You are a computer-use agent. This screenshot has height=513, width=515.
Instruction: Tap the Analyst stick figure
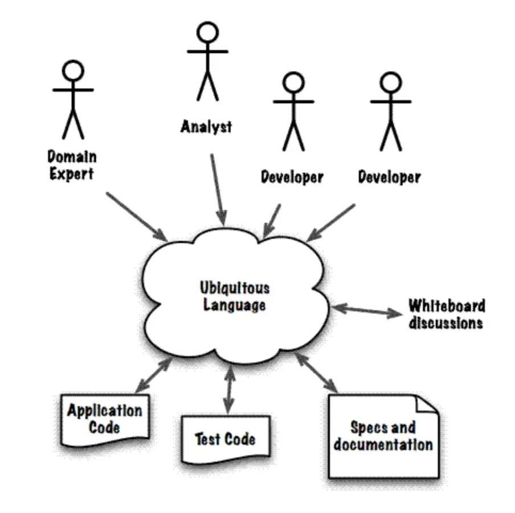coord(207,63)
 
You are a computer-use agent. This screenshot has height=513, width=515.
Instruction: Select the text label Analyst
coord(206,126)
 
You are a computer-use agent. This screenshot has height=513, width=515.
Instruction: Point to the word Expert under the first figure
coord(71,173)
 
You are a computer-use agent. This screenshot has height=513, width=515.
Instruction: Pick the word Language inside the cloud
coord(235,305)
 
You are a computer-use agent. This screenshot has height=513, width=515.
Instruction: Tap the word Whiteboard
coord(447,306)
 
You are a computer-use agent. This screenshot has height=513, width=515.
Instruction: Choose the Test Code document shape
coord(225,439)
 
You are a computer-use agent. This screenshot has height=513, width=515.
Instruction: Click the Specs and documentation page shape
coord(383,436)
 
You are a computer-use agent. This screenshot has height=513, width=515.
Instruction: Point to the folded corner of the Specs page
coord(428,405)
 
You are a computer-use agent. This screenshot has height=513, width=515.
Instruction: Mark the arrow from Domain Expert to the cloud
coord(136,217)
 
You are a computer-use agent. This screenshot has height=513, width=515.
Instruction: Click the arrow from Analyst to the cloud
coord(218,188)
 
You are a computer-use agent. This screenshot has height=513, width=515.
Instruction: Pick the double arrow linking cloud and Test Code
coord(229,390)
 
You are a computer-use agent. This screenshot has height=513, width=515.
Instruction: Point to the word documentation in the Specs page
coord(383,445)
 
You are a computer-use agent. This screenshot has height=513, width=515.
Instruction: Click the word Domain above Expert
coord(72,156)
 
